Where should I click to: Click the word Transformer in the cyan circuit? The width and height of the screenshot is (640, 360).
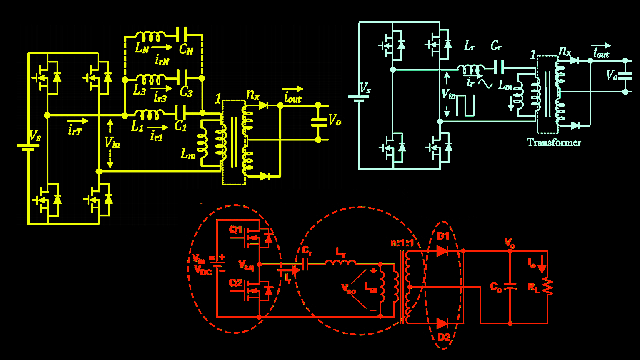pos(554,142)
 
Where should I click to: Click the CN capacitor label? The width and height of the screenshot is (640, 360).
pos(186,50)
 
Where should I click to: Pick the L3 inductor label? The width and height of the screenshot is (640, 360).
pos(140,91)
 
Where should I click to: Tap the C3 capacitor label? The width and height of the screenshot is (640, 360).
pos(186,92)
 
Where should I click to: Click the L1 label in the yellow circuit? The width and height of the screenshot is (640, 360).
pos(137,127)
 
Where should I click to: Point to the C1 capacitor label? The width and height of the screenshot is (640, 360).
pos(181,126)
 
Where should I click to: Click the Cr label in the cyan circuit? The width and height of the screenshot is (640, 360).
pos(496,46)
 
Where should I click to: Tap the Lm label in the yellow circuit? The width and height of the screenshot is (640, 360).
pos(188,154)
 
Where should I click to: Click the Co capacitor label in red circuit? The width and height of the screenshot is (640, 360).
pos(496,287)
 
